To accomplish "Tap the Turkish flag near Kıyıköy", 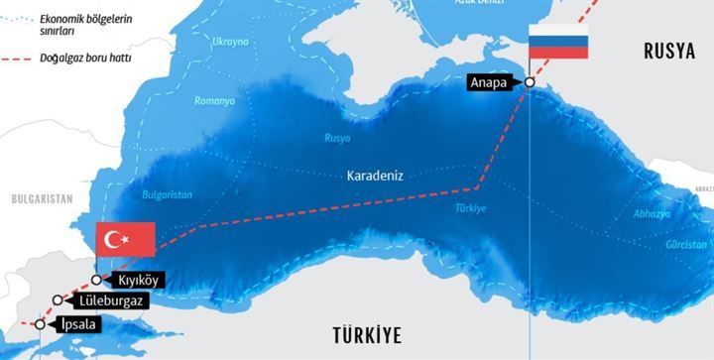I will tap(125, 239).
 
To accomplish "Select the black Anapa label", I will tap(491, 83).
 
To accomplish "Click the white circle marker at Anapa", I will tap(530, 83).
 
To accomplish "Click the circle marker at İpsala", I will tap(40, 324).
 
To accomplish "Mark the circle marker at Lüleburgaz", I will tap(59, 300).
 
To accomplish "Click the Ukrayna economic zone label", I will tap(230, 42).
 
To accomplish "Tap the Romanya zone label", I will tap(214, 100).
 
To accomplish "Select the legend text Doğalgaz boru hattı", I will tap(89, 59).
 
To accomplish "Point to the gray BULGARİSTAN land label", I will tap(43, 199).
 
